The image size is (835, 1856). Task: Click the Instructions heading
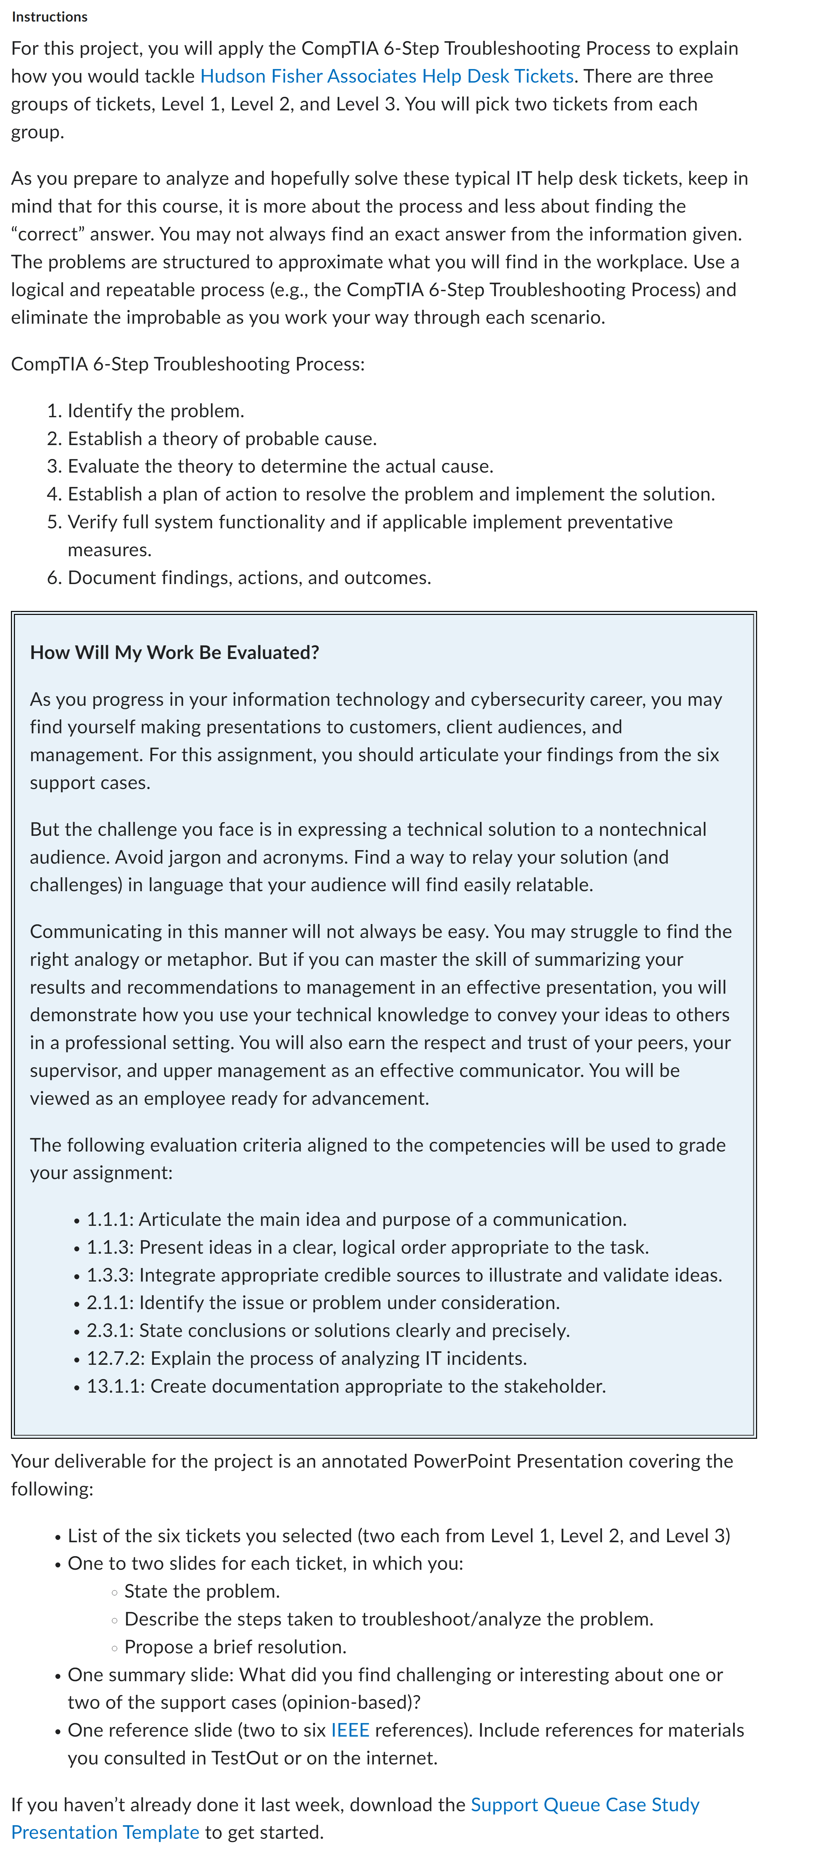[x=49, y=17]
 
